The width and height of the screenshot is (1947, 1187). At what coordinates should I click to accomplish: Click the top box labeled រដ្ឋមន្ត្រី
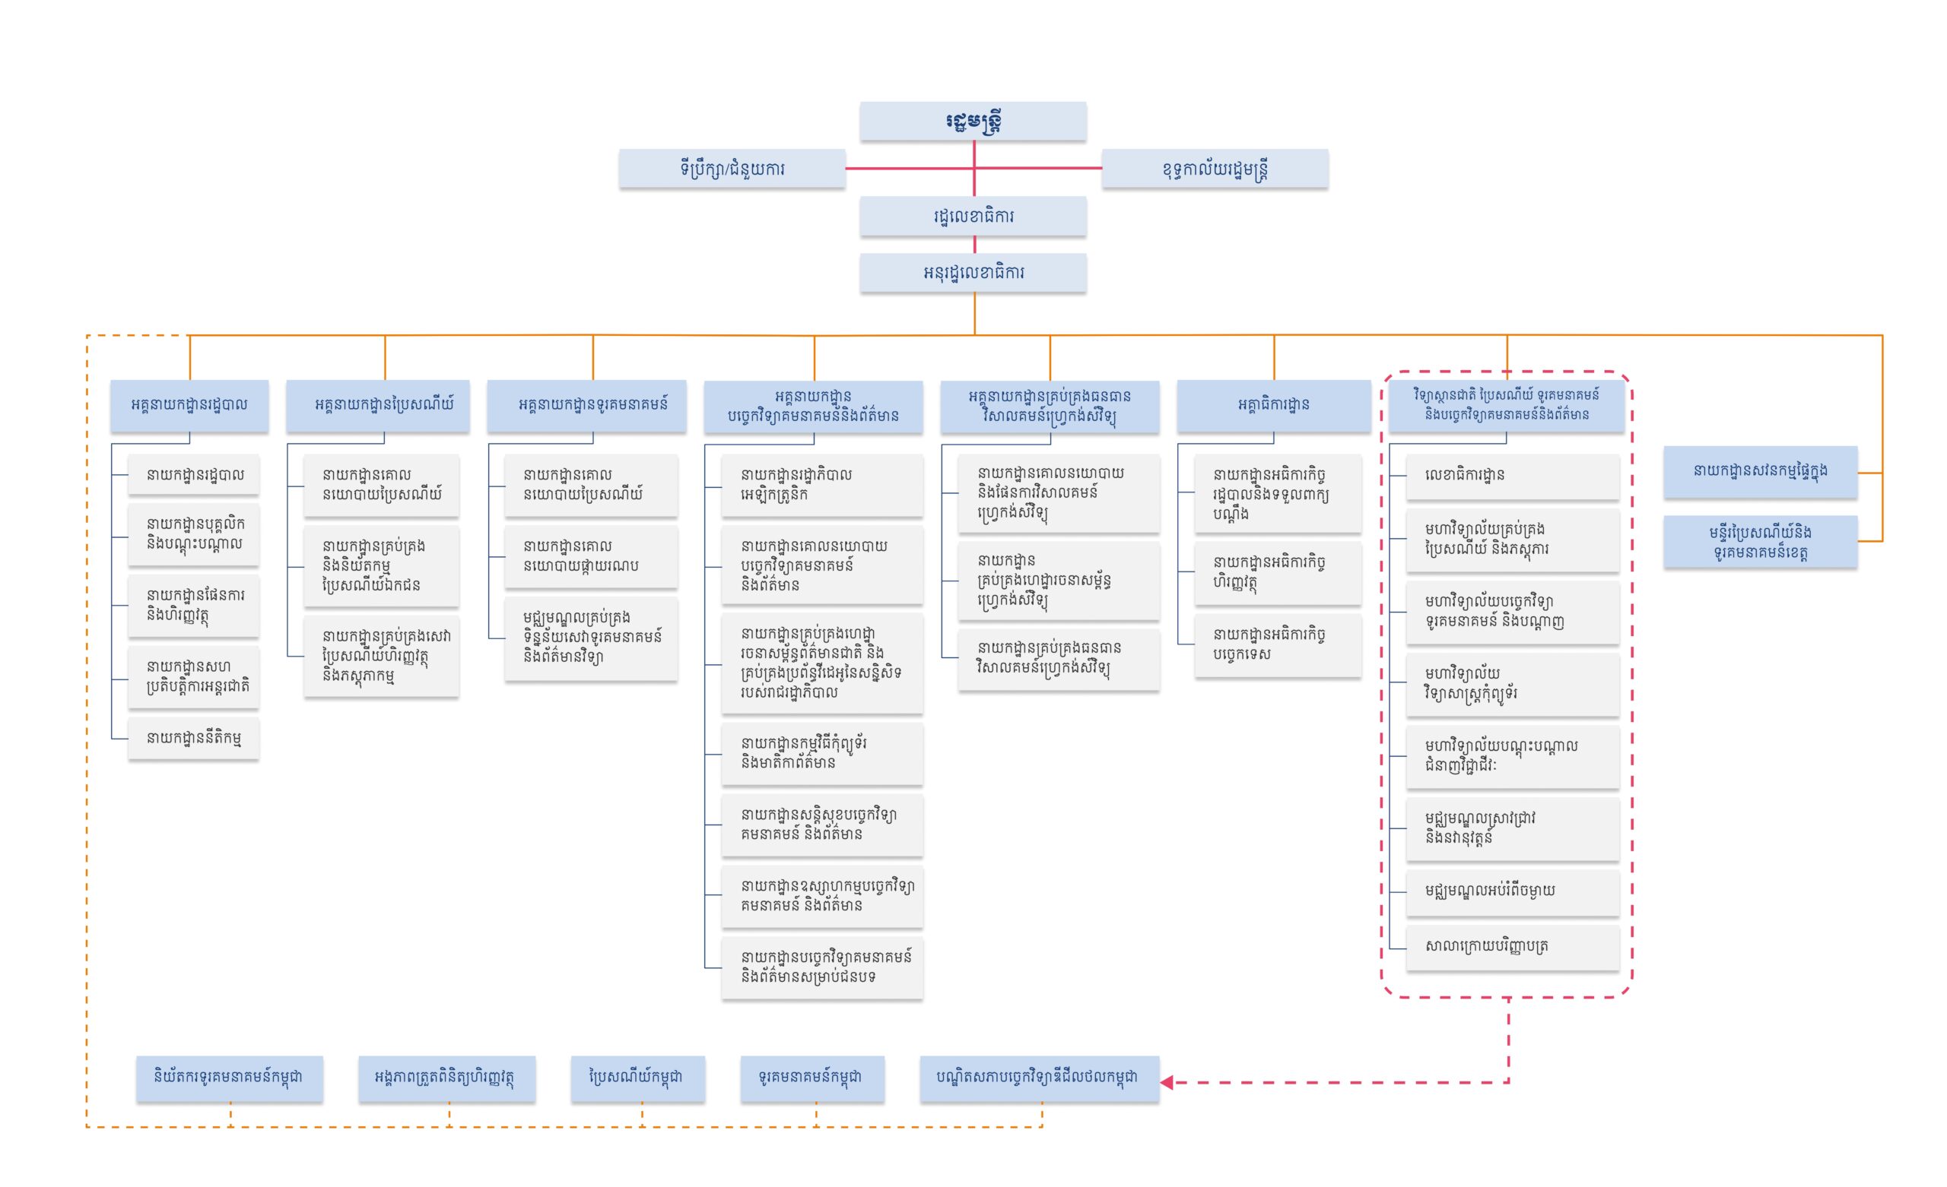pyautogui.click(x=973, y=122)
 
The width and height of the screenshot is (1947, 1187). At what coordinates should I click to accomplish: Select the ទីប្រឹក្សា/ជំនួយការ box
pyautogui.click(x=732, y=168)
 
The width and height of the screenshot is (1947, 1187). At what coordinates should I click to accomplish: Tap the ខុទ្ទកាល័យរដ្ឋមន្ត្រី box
pyautogui.click(x=1215, y=169)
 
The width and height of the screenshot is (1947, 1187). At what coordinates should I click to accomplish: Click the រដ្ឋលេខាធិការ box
pyautogui.click(x=973, y=217)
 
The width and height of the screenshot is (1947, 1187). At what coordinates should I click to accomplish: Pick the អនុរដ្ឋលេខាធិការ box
pyautogui.click(x=973, y=273)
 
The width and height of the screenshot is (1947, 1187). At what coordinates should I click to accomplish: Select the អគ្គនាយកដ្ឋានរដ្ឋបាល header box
pyautogui.click(x=189, y=405)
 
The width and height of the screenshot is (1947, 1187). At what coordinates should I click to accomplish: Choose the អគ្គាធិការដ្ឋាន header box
pyautogui.click(x=1273, y=405)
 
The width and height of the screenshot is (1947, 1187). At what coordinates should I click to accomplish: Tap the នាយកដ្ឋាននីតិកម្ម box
pyautogui.click(x=194, y=739)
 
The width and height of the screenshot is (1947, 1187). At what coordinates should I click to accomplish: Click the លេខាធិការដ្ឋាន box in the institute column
pyautogui.click(x=1512, y=476)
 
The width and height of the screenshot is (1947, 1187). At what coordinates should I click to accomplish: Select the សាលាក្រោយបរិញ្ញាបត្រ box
pyautogui.click(x=1512, y=946)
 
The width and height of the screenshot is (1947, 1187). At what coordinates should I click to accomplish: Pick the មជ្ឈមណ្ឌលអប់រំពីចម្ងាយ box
pyautogui.click(x=1512, y=891)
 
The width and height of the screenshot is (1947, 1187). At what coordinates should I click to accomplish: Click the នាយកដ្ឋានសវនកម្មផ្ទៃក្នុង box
pyautogui.click(x=1760, y=471)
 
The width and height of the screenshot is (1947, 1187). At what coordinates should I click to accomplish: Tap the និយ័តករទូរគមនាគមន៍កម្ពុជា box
pyautogui.click(x=229, y=1078)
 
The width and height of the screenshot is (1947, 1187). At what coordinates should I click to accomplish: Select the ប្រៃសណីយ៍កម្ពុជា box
pyautogui.click(x=637, y=1078)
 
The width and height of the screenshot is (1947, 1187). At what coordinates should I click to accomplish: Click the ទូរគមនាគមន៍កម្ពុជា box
pyautogui.click(x=812, y=1078)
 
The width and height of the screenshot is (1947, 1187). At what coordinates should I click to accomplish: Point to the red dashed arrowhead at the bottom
pyautogui.click(x=1167, y=1082)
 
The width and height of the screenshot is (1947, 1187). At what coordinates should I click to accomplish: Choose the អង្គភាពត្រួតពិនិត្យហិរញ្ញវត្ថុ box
pyautogui.click(x=446, y=1078)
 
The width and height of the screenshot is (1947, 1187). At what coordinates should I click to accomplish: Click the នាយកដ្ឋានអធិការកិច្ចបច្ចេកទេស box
pyautogui.click(x=1277, y=644)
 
